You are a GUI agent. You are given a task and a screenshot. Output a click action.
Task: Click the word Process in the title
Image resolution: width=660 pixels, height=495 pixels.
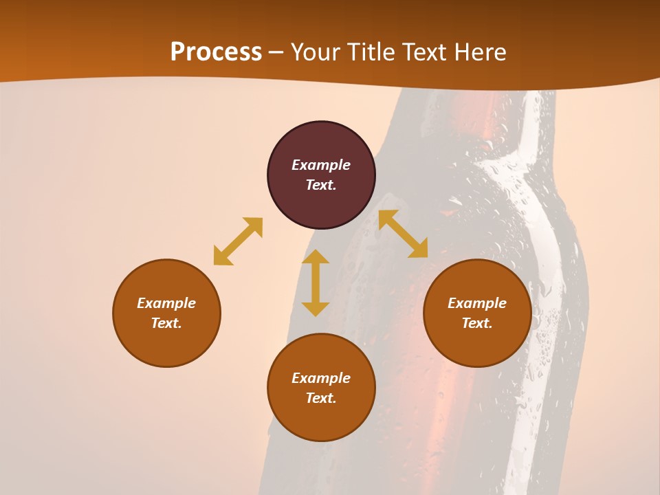point(216,52)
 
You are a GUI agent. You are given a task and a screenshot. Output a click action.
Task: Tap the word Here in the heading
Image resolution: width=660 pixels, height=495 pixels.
point(478,52)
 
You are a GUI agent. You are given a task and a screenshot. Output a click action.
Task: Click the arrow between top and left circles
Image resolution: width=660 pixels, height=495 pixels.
point(238,241)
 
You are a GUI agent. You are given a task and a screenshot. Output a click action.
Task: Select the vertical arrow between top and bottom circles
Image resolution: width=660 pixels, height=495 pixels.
point(316,283)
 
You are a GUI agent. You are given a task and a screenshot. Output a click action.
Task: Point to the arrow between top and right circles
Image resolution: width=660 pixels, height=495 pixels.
point(403,234)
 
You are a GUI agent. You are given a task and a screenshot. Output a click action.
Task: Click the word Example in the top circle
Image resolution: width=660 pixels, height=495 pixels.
point(321,165)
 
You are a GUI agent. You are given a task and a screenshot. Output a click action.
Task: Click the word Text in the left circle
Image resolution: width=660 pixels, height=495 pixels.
point(166,323)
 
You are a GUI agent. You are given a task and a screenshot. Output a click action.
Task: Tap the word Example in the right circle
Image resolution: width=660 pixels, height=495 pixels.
point(477,303)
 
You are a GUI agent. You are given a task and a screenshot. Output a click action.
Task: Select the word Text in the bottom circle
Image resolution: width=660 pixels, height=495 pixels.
point(321,398)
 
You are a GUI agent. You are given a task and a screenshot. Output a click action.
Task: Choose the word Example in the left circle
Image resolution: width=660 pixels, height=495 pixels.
point(166,303)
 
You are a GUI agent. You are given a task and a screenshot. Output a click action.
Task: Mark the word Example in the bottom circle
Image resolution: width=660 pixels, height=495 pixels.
point(321,378)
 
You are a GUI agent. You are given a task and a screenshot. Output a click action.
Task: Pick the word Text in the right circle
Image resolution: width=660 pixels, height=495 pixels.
point(477,323)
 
